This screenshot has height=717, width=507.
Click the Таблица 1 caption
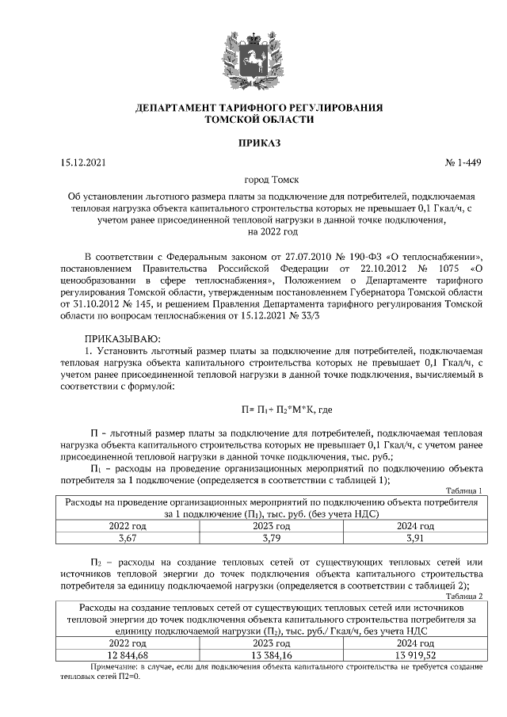[464, 491]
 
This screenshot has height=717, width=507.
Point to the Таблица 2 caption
[464, 595]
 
